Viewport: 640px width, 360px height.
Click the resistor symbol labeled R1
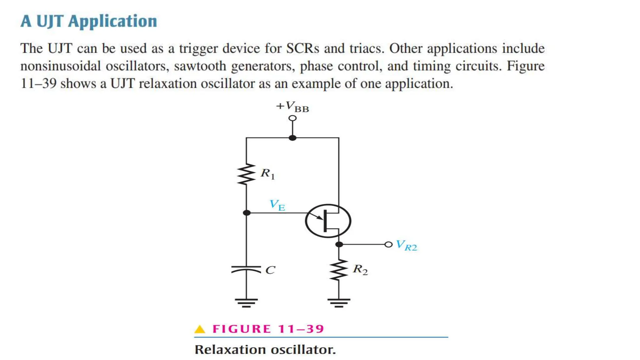tap(246, 174)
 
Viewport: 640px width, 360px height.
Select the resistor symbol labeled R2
tap(339, 270)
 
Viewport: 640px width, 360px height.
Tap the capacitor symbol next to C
tap(246, 269)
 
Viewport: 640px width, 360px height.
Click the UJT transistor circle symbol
tap(328, 221)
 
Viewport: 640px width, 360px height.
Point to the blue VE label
tap(277, 205)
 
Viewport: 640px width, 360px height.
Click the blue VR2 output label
tap(406, 246)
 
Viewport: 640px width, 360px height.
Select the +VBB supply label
tap(292, 107)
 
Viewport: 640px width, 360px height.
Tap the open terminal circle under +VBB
tap(292, 118)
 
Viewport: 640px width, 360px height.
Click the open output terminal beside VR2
tap(388, 244)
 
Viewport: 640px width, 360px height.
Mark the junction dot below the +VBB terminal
tap(292, 138)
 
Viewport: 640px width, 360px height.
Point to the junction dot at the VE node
tap(247, 213)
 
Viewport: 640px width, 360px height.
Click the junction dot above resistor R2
tap(339, 244)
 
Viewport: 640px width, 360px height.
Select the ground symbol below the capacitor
tap(246, 302)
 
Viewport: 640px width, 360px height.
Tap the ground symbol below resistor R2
tap(339, 302)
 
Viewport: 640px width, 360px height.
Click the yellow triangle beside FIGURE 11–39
tap(200, 329)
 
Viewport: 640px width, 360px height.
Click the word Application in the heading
tap(112, 21)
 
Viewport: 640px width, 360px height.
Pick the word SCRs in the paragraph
tap(303, 48)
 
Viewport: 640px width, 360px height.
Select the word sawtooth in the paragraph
tap(200, 66)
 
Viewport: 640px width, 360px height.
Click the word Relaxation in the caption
tap(230, 349)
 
